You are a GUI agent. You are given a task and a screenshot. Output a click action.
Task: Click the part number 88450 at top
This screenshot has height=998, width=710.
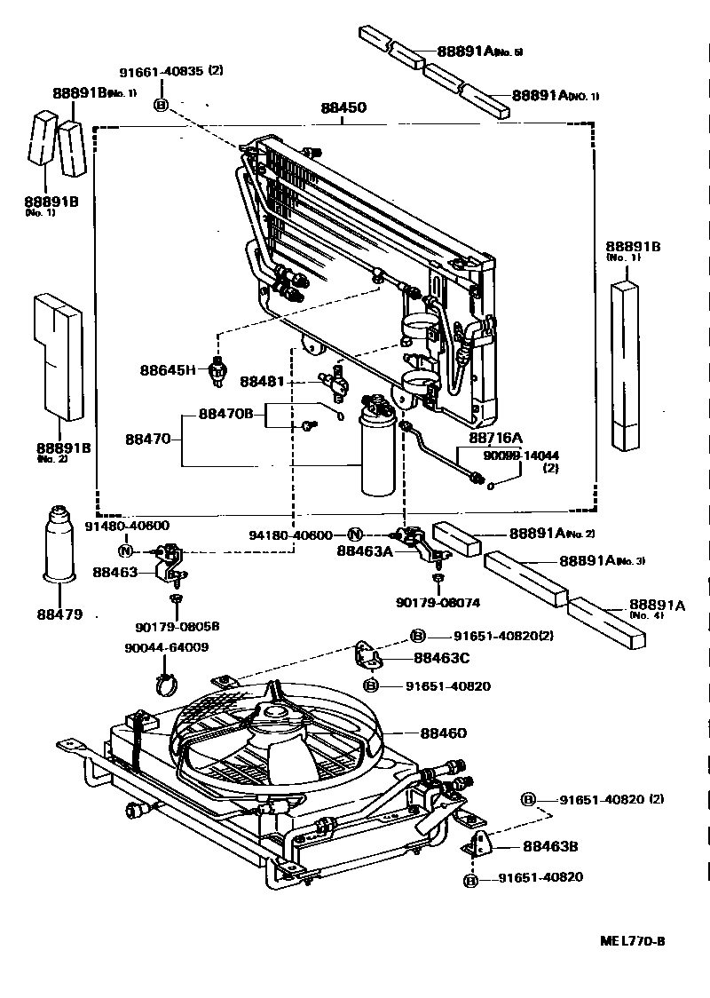343,107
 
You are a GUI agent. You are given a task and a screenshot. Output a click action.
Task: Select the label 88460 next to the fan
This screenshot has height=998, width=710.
443,733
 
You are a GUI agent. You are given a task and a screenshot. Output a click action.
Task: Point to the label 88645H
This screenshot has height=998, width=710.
167,369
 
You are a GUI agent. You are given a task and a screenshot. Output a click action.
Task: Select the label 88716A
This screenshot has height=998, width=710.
495,438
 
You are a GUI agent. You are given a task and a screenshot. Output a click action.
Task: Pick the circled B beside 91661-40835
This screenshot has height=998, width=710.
161,105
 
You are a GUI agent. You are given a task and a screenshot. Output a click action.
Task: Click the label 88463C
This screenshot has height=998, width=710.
441,658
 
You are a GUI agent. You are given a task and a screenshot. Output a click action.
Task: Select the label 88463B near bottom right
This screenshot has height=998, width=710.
549,846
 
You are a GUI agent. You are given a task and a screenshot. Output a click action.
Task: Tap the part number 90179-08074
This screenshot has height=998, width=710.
438,602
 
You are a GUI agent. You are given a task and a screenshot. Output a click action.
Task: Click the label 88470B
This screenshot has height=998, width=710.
225,414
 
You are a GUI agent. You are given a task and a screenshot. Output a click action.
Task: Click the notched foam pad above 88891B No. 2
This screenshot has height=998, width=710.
59,355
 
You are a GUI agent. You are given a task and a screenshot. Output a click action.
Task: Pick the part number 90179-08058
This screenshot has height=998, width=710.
177,626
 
